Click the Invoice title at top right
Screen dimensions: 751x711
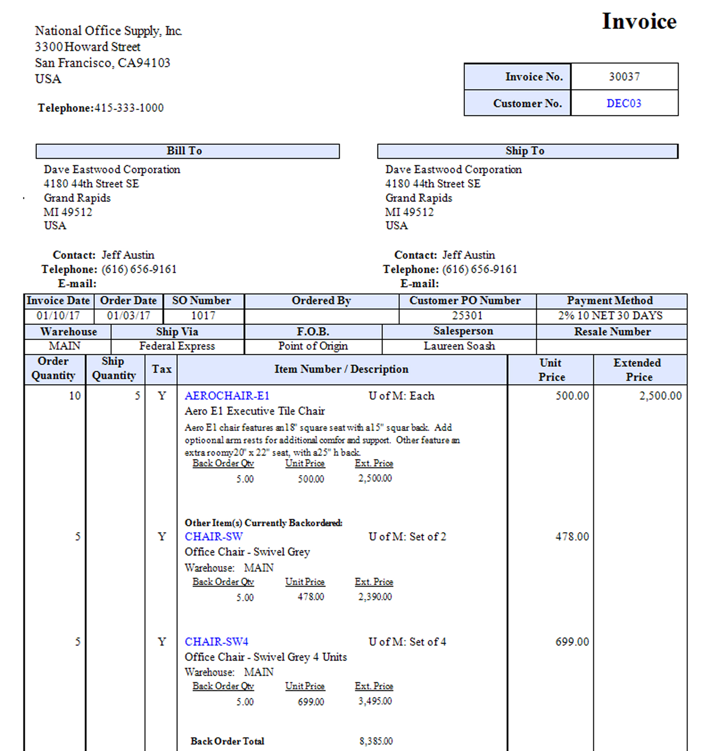639,21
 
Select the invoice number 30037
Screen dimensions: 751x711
624,77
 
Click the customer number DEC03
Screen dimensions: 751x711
624,103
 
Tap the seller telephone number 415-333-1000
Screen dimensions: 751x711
129,108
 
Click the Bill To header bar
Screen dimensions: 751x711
187,151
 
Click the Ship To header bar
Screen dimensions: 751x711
527,151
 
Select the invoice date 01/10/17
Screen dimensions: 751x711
58,316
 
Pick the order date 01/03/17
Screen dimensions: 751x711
128,316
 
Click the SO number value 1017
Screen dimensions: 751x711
203,316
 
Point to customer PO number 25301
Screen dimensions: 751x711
467,316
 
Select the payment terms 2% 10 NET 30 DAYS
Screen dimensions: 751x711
610,316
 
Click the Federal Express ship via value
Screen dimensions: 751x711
177,346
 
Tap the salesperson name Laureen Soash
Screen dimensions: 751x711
459,346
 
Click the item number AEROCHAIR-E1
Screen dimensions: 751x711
227,396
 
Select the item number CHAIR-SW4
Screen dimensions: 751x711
216,642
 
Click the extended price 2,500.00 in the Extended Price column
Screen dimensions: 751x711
660,396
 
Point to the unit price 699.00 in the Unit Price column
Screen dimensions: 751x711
572,642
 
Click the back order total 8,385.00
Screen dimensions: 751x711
376,741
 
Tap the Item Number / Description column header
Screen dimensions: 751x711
341,369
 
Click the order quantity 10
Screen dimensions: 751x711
75,396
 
